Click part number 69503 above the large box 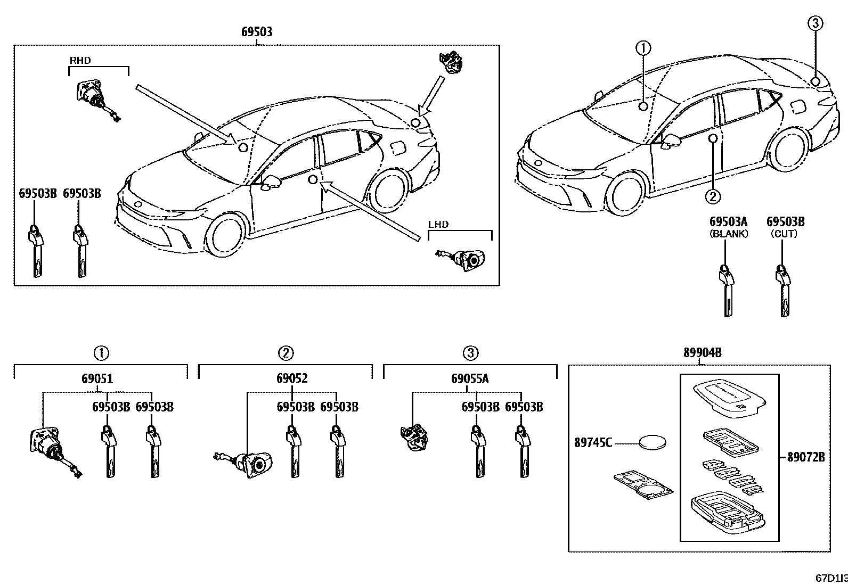click(257, 32)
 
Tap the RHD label click(80, 61)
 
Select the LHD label click(438, 225)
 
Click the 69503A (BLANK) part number click(728, 221)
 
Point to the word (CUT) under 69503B click(785, 234)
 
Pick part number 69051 click(97, 379)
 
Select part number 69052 click(292, 379)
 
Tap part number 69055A click(470, 379)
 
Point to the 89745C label click(593, 442)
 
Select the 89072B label click(806, 457)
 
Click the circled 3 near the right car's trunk click(815, 23)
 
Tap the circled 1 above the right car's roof click(643, 48)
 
